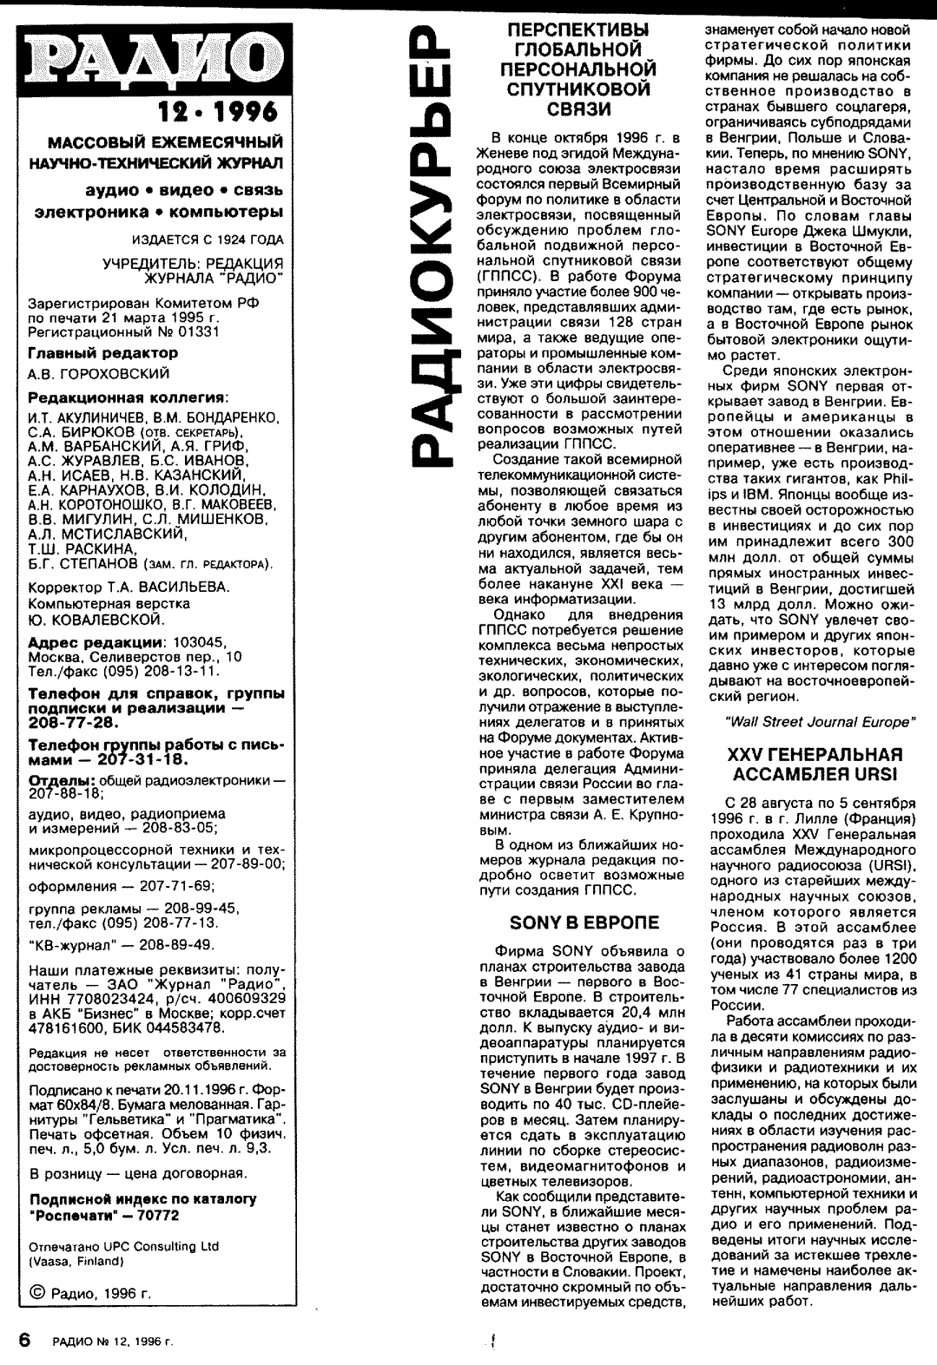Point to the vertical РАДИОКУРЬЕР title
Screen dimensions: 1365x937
432,247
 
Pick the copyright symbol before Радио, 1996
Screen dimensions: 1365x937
36,1293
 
